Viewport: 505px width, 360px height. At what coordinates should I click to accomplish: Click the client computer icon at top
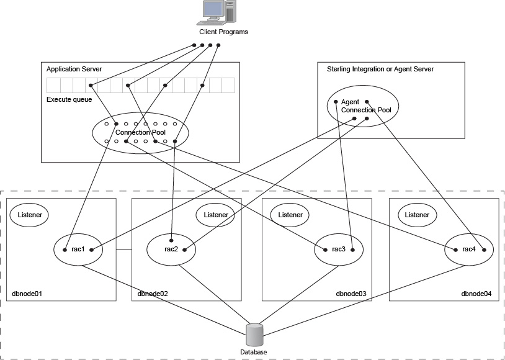pos(220,12)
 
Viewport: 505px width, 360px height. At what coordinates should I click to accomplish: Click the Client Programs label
pos(223,32)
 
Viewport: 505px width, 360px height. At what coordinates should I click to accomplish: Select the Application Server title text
pos(74,69)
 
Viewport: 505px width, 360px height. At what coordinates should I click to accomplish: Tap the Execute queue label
pos(69,99)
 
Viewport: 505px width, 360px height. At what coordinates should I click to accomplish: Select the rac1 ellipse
pos(78,250)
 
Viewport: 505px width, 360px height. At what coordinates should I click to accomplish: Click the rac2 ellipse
pos(171,250)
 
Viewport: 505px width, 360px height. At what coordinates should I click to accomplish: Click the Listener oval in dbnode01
pos(29,214)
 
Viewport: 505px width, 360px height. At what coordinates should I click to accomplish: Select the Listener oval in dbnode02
pos(216,215)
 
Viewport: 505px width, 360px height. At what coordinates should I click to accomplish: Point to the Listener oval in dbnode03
pos(290,215)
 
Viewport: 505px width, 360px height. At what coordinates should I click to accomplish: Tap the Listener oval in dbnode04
pos(417,215)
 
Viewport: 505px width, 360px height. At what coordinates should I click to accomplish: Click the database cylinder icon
pos(254,335)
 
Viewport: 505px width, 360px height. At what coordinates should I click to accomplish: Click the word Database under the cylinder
pos(253,352)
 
